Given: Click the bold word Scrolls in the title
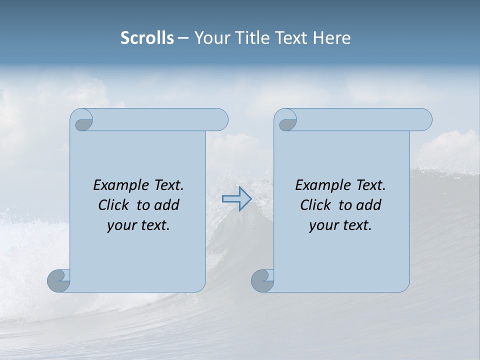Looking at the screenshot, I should pyautogui.click(x=147, y=38).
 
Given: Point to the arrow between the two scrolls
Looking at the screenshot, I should pyautogui.click(x=236, y=199).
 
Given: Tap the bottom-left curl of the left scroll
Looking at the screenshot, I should pyautogui.click(x=58, y=280).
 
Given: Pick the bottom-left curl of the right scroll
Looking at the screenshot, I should pyautogui.click(x=262, y=280).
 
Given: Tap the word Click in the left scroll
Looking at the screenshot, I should pyautogui.click(x=113, y=205).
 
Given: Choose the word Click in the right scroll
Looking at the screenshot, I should pyautogui.click(x=315, y=205).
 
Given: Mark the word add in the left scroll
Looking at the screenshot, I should pyautogui.click(x=166, y=205).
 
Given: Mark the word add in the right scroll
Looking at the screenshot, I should pyautogui.click(x=368, y=205).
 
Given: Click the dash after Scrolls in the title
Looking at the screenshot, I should pyautogui.click(x=183, y=38).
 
